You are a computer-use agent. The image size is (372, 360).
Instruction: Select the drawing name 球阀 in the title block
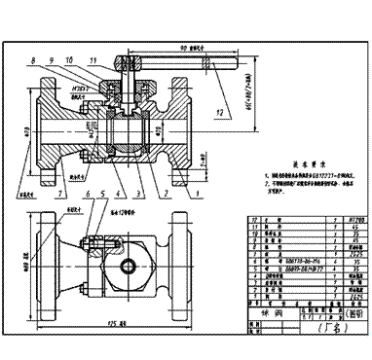tap(260, 314)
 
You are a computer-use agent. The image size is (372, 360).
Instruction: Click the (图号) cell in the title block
tap(343, 314)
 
